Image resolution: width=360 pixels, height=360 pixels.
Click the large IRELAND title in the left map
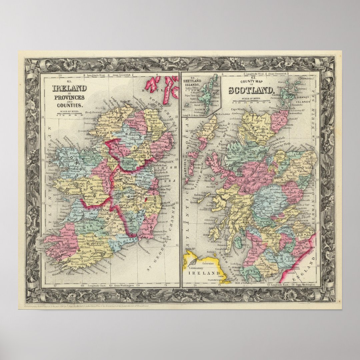(70, 88)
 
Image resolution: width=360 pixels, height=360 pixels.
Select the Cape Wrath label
(239, 111)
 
